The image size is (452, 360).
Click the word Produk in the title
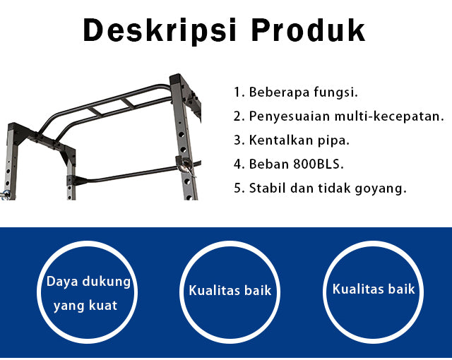(308, 30)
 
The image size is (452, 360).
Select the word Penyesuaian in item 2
(289, 116)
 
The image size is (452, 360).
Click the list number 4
(237, 164)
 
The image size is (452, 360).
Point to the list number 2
(237, 116)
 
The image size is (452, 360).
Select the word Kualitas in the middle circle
(214, 290)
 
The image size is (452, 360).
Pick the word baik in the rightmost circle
(402, 289)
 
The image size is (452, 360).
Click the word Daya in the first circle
(62, 282)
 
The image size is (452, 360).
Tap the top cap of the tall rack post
(177, 79)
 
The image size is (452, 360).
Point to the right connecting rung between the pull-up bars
(129, 103)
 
